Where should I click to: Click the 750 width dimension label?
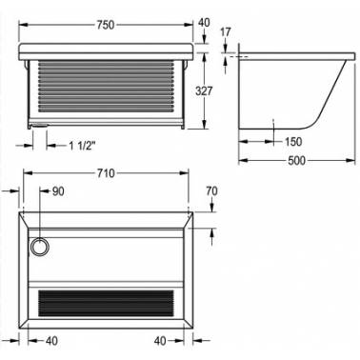[105, 25]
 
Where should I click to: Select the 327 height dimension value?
[204, 91]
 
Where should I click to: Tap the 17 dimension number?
[225, 32]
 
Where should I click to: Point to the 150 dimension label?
[292, 142]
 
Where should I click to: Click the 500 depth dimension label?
[296, 161]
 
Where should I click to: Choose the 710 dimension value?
[106, 173]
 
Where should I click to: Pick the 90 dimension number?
[58, 191]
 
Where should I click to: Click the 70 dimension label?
[211, 191]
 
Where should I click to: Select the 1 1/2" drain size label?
[82, 146]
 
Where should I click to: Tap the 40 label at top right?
[204, 23]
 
